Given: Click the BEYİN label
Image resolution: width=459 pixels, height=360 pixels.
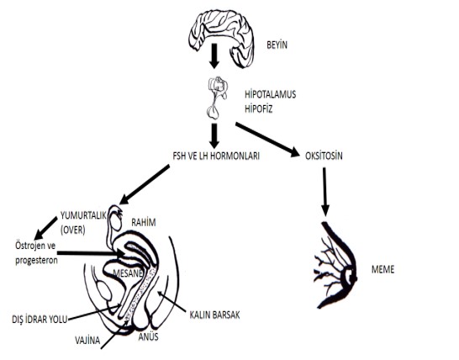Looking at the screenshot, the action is click(x=277, y=45).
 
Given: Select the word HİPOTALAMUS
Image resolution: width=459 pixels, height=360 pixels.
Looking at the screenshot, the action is click(x=270, y=94).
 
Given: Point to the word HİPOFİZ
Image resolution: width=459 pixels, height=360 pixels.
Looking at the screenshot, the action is click(x=258, y=109).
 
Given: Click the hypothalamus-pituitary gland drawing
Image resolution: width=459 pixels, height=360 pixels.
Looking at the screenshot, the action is click(x=217, y=98).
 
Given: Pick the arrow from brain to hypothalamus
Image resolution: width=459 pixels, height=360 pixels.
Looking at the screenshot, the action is click(x=214, y=56).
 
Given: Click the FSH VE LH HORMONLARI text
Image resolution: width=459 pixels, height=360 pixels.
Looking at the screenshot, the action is click(x=216, y=156).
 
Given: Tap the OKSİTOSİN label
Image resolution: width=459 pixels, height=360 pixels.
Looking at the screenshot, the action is click(x=324, y=156).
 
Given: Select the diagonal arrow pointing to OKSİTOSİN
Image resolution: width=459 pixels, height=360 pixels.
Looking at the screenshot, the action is click(x=267, y=140).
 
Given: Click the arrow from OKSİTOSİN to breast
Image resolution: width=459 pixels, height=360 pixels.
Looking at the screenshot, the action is click(x=324, y=192).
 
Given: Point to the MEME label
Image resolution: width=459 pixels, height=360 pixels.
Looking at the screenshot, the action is click(x=382, y=269).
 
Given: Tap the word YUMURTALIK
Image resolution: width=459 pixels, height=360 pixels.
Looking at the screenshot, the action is click(x=83, y=215).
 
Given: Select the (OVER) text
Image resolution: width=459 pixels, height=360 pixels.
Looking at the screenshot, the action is click(x=73, y=230).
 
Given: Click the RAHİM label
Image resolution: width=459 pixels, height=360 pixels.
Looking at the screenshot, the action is click(x=144, y=222).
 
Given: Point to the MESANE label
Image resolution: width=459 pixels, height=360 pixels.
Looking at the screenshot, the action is click(x=128, y=273).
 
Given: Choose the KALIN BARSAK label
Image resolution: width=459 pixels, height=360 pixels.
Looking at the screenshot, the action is click(x=214, y=315).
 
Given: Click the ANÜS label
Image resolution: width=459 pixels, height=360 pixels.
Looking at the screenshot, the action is click(x=149, y=336).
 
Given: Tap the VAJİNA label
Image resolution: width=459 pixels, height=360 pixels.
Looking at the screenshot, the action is click(x=87, y=340).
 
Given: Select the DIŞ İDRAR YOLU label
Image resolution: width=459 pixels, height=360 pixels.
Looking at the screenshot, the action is click(x=40, y=319).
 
